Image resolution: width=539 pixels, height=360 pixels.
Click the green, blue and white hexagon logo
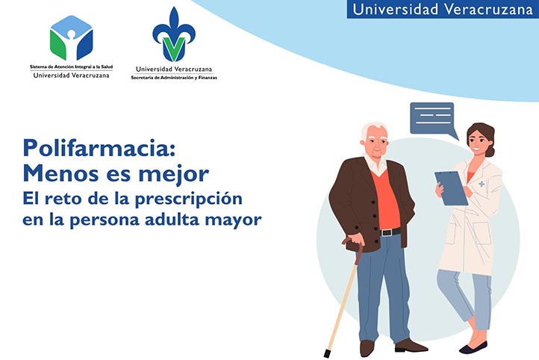[x=72, y=38]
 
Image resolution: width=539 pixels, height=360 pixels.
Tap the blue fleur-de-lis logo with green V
[x=173, y=36]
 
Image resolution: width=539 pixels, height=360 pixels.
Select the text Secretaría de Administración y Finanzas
[x=174, y=77]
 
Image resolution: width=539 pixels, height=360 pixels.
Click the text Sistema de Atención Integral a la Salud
[x=70, y=66]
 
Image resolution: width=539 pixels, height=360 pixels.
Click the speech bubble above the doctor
[x=432, y=118]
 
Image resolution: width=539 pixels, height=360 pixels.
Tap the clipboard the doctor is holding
[x=452, y=187]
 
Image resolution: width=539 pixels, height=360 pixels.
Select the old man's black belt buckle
[x=385, y=232]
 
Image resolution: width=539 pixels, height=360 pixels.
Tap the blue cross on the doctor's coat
[x=482, y=184]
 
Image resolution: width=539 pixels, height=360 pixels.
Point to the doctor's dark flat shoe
[x=473, y=347]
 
